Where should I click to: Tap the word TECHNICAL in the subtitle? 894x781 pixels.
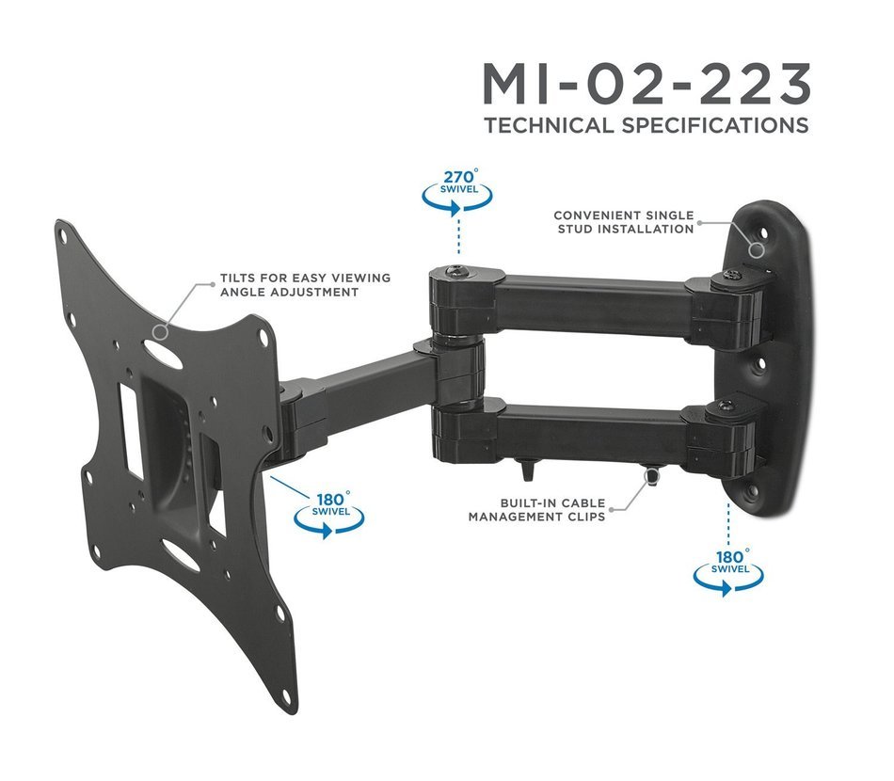[x=549, y=125]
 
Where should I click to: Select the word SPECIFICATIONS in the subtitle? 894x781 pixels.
[x=714, y=125]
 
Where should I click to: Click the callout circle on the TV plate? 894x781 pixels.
[x=161, y=331]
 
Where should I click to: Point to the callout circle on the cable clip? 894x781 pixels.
[x=648, y=479]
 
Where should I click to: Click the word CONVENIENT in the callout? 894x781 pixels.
[x=592, y=215]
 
